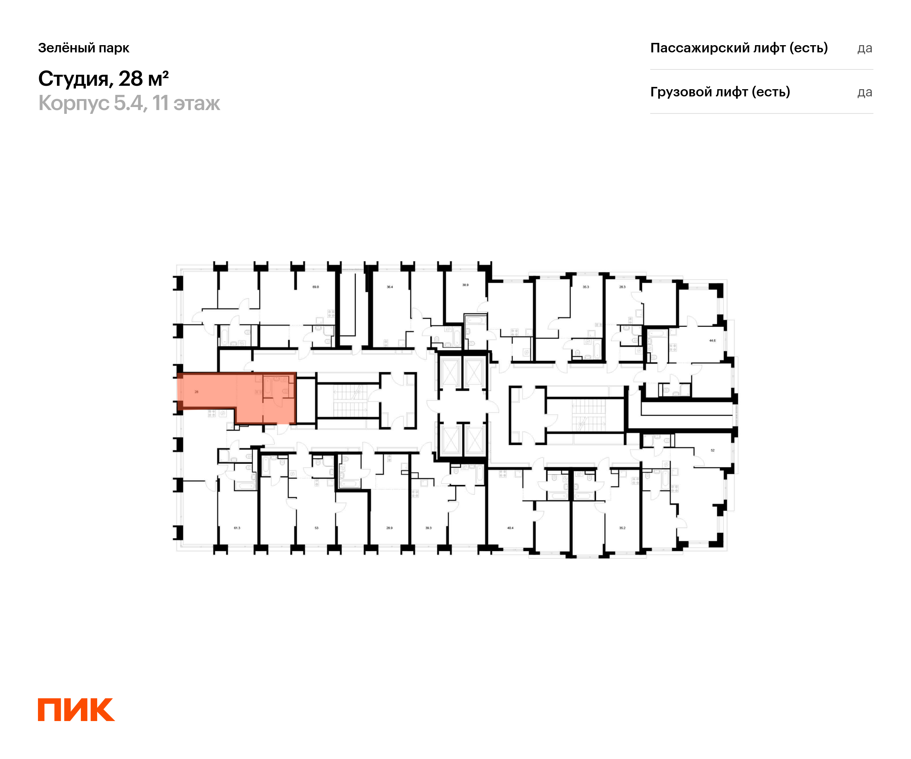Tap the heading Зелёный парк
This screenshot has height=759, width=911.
pos(84,48)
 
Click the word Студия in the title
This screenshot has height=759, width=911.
pos(73,79)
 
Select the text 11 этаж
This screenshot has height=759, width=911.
pos(186,103)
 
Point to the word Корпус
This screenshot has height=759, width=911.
pos(74,103)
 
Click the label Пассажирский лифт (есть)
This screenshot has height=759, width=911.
pos(739,48)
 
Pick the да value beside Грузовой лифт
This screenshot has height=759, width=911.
pos(865,92)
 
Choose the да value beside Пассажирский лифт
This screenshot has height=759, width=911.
pos(865,48)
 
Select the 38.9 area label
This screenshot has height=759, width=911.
pos(465,285)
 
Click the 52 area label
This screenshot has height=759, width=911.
pos(712,450)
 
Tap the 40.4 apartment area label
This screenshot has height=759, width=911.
pos(510,528)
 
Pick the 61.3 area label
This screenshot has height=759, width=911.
pos(237,528)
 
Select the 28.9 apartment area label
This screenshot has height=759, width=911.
pos(389,528)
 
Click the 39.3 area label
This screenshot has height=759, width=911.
pos(428,528)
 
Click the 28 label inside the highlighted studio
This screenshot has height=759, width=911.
pos(197,392)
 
